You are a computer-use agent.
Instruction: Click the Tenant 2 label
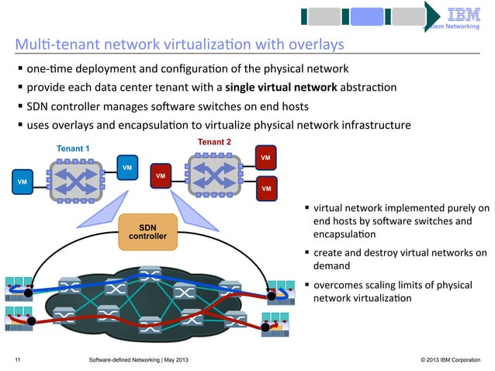(214, 141)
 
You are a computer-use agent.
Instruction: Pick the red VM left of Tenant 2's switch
(161, 175)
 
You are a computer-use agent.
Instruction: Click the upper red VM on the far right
(266, 158)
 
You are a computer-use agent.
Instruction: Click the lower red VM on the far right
(266, 188)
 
